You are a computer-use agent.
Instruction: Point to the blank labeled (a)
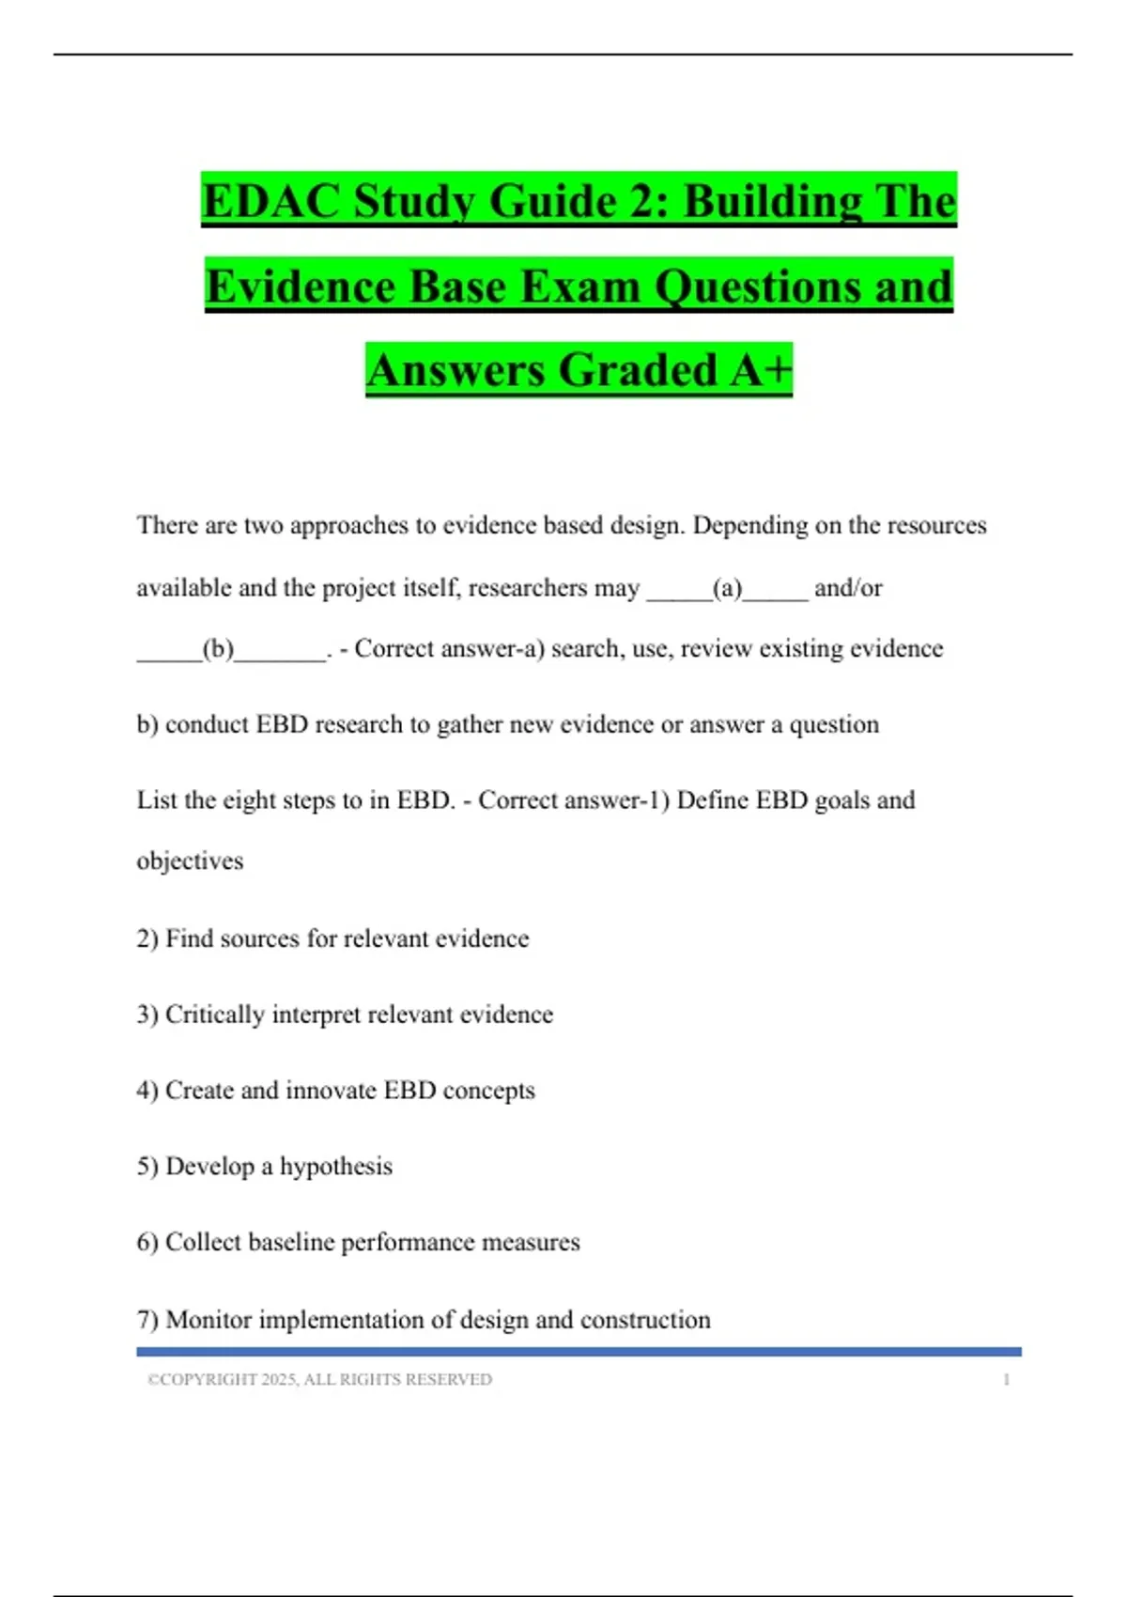[x=727, y=589]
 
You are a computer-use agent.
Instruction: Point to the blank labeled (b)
[x=218, y=649]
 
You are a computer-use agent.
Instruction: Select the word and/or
[x=848, y=588]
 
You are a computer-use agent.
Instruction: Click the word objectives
[x=190, y=861]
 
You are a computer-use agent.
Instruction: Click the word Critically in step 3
[x=214, y=1015]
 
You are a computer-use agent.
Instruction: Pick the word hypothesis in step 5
[x=336, y=1167]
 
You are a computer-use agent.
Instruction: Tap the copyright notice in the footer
[x=319, y=1379]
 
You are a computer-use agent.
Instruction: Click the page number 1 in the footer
[x=1006, y=1379]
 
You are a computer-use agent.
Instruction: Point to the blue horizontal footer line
[x=579, y=1352]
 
